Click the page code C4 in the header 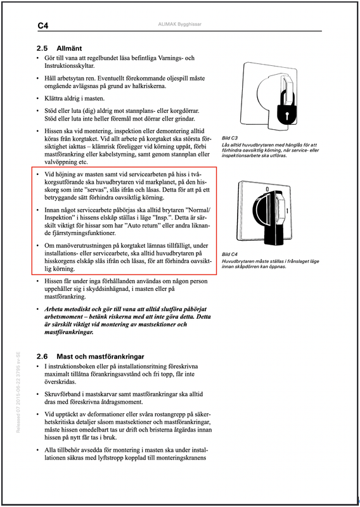43,26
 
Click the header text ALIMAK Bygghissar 179,24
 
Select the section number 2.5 42,49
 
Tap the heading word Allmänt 69,49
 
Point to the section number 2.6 42,357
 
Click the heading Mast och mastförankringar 100,357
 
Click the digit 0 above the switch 267,188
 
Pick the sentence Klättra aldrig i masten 75,98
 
